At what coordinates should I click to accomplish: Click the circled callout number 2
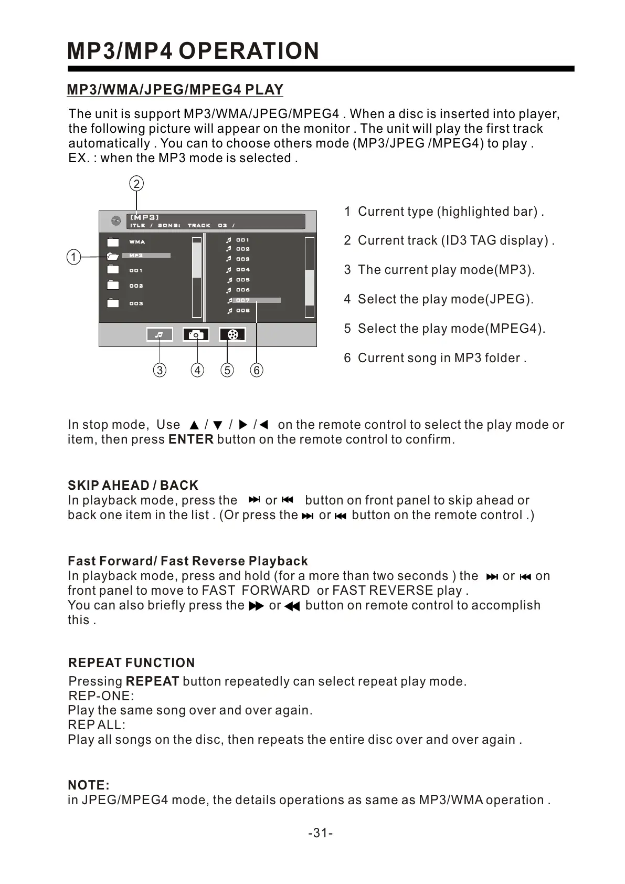[136, 184]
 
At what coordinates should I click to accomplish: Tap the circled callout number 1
[74, 257]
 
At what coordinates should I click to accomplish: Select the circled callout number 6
[257, 370]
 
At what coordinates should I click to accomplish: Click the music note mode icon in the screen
[160, 334]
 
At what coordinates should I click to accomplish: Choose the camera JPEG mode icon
[196, 334]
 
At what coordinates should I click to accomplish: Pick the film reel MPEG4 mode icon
[232, 334]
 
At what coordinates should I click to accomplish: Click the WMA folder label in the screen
[137, 242]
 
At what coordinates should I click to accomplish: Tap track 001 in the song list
[242, 240]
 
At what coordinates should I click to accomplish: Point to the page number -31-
[320, 833]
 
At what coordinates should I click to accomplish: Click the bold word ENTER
[191, 439]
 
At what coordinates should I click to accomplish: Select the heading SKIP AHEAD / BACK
[133, 485]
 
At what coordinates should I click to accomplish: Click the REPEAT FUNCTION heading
[131, 662]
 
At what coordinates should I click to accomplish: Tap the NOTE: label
[89, 785]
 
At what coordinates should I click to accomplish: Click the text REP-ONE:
[101, 696]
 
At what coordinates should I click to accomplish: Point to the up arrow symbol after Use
[194, 425]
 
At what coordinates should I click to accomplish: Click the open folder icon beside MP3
[112, 256]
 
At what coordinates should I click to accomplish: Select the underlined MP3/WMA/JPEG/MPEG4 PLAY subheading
[175, 90]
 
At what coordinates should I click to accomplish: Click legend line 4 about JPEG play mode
[439, 299]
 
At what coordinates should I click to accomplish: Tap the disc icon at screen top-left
[116, 221]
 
